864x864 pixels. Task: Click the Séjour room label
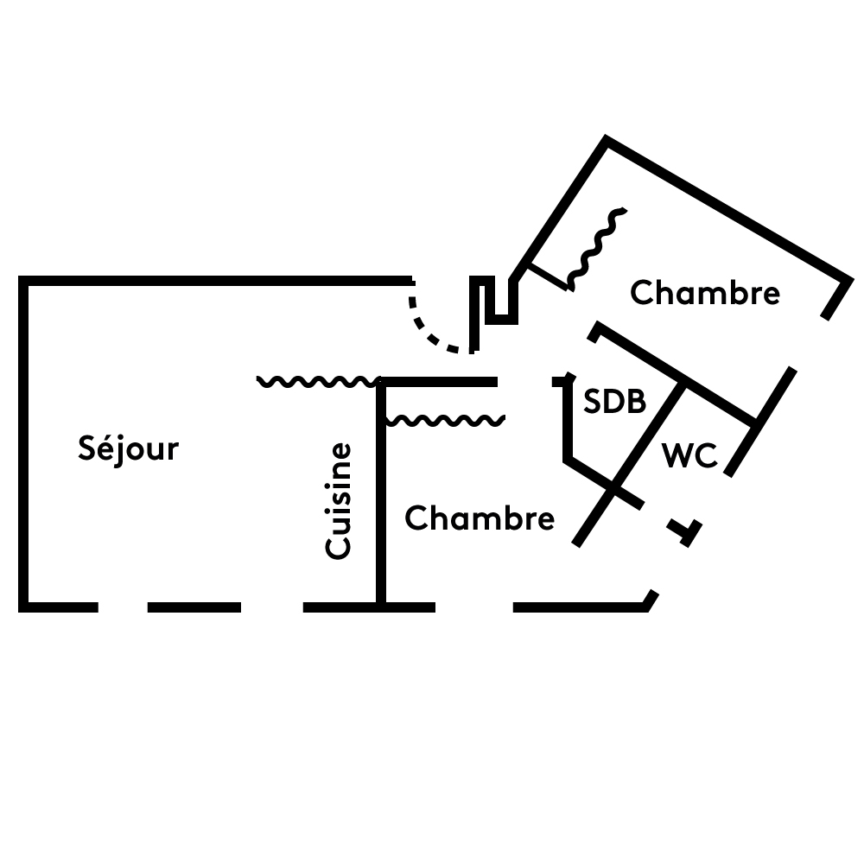[128, 449]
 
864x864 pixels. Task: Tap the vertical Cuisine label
[339, 500]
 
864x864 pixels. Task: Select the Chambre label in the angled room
[704, 294]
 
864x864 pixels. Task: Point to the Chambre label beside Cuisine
[479, 519]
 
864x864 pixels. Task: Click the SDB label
[614, 402]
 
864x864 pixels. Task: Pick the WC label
[689, 455]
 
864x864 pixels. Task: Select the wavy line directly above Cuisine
[318, 381]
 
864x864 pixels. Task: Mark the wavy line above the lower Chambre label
[444, 421]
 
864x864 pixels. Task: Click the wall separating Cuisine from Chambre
[379, 501]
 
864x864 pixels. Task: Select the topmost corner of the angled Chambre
[607, 141]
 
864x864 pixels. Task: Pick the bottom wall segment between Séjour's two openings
[194, 607]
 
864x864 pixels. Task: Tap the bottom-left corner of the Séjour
[24, 607]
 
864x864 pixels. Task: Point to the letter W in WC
[677, 455]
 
